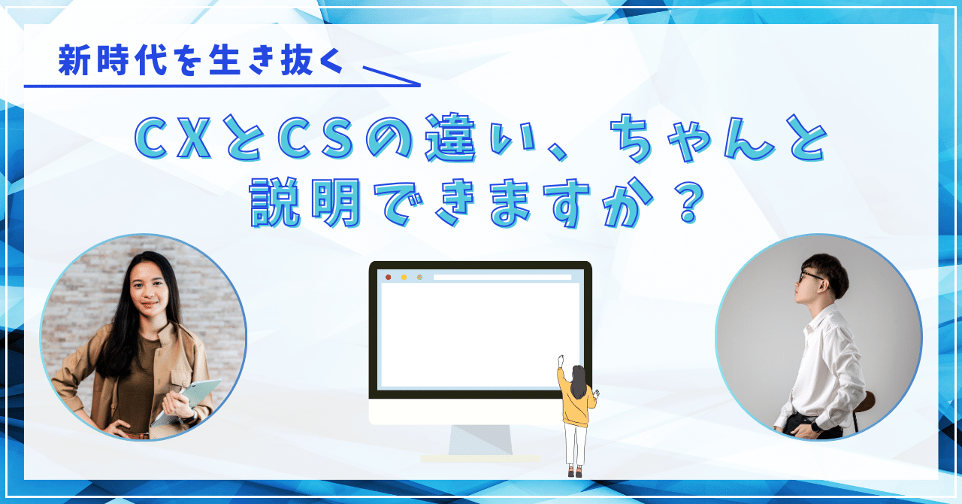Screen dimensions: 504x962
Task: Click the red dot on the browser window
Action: [x=388, y=277]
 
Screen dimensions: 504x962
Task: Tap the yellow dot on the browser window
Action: [x=404, y=277]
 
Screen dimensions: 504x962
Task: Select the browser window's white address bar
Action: [x=501, y=277]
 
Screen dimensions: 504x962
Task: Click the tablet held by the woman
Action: [x=187, y=399]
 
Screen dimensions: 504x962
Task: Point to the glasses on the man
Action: [x=810, y=275]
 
